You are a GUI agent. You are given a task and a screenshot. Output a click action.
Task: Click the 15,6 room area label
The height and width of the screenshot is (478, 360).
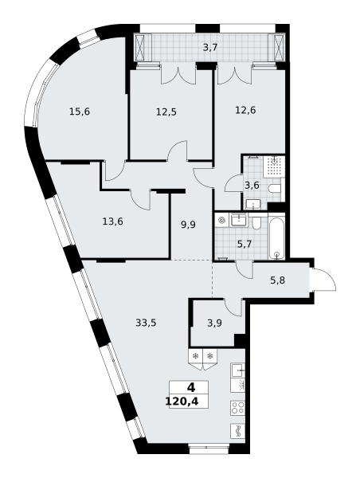(80, 112)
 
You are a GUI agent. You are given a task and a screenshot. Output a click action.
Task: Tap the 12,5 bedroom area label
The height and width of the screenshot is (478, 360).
(166, 112)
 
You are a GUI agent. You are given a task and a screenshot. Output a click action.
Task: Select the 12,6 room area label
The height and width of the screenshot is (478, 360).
(245, 110)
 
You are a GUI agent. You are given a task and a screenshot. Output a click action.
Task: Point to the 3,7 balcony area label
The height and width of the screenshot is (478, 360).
(210, 48)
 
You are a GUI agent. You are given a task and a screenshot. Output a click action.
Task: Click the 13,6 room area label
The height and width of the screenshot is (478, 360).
(113, 221)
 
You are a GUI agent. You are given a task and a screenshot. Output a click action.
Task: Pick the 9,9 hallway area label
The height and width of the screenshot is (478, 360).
(188, 225)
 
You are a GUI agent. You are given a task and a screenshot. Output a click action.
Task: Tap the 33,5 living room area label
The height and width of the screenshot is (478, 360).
(146, 323)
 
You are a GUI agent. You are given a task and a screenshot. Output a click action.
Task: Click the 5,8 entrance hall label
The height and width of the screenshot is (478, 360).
(277, 280)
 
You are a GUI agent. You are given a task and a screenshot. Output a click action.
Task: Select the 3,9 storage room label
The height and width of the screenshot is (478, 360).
(214, 323)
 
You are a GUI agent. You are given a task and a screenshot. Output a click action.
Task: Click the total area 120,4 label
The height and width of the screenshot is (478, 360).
(182, 402)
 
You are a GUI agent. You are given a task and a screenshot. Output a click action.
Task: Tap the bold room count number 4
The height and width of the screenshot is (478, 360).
(191, 388)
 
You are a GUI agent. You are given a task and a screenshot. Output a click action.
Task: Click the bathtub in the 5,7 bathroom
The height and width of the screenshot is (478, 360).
(276, 236)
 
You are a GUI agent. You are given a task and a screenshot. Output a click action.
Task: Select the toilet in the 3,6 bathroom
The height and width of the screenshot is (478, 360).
(275, 188)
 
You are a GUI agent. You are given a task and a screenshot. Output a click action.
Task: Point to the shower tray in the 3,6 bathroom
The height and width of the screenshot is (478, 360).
(274, 167)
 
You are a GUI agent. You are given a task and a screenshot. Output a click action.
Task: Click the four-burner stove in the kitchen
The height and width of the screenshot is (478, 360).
(238, 408)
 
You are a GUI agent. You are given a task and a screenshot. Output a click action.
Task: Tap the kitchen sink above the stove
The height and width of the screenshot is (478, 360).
(238, 370)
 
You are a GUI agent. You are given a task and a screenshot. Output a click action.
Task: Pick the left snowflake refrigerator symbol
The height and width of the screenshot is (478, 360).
(196, 355)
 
